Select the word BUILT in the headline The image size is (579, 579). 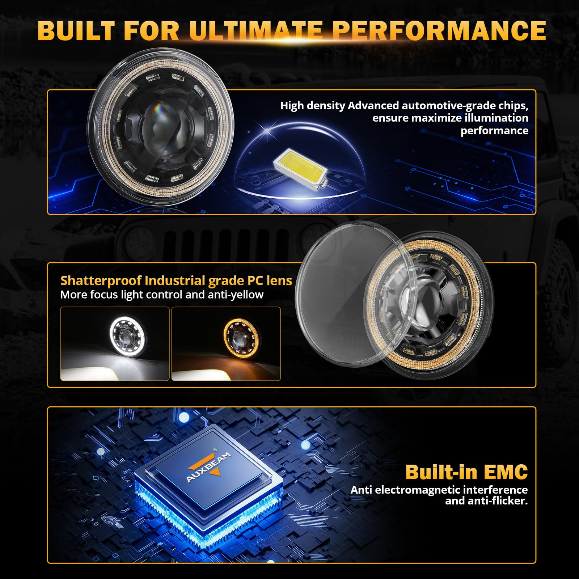point(76,31)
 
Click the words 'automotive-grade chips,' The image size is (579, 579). point(465,106)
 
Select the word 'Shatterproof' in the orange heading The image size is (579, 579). point(101,281)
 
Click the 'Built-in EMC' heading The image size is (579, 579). point(466,472)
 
